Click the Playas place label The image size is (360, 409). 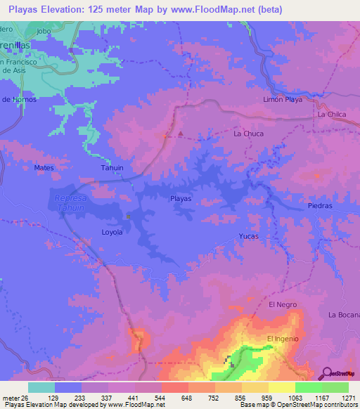(181, 199)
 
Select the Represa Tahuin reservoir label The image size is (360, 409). (70, 204)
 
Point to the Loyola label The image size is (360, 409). (112, 232)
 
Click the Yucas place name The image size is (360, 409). (250, 236)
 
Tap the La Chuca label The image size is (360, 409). (247, 133)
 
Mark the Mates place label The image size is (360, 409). (44, 168)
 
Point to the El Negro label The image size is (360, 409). (283, 304)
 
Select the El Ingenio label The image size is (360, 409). (283, 339)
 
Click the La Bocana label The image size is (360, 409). (342, 315)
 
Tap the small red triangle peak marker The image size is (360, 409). (181, 133)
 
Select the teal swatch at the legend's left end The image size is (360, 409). (41, 387)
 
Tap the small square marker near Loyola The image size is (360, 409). (128, 216)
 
